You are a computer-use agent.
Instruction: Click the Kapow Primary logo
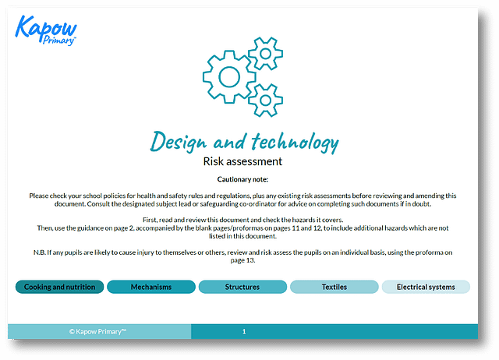[x=46, y=30]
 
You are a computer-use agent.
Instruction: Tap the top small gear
[x=265, y=54]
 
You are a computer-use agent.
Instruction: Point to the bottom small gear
[x=265, y=101]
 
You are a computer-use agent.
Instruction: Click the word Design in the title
[x=179, y=142]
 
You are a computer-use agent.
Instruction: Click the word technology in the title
[x=295, y=142]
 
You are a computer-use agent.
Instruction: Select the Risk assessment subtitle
[x=242, y=161]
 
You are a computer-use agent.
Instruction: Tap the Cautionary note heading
[x=242, y=179]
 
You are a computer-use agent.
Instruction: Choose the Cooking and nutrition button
[x=59, y=287]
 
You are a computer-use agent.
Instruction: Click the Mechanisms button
[x=151, y=287]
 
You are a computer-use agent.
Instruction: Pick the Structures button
[x=242, y=287]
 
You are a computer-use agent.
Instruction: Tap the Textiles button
[x=334, y=287]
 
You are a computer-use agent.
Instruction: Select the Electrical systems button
[x=426, y=287]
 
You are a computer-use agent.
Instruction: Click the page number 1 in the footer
[x=244, y=332]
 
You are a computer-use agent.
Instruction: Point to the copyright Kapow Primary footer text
[x=97, y=331]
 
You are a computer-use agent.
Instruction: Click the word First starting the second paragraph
[x=150, y=220]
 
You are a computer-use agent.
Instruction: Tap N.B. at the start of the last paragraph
[x=40, y=252]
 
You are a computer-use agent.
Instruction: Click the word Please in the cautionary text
[x=39, y=196]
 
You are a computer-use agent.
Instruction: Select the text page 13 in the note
[x=242, y=260]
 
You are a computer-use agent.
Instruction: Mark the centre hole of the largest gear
[x=229, y=77]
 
